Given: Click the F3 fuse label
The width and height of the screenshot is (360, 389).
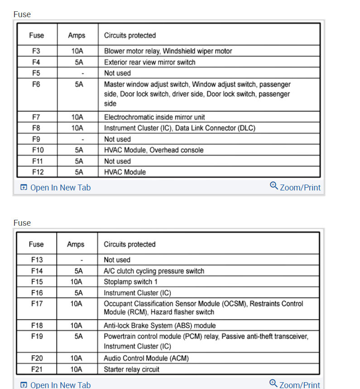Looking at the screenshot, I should click(37, 51).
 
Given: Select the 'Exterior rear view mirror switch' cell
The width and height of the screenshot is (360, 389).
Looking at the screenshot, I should click(149, 62).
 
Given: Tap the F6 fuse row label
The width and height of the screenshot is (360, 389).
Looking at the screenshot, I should click(37, 84).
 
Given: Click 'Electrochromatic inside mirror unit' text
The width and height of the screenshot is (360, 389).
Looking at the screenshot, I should click(154, 117).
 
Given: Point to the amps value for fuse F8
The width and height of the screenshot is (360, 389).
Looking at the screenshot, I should click(77, 128).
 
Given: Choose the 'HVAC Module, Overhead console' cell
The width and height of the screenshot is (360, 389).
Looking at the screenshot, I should click(154, 150).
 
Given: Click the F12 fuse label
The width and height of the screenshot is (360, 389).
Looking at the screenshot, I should click(37, 172).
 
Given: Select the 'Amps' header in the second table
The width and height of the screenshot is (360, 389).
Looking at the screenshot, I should click(76, 244).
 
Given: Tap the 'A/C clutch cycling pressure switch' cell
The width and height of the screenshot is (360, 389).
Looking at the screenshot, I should click(154, 271).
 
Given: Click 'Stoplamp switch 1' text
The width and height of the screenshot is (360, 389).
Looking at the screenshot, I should click(131, 282).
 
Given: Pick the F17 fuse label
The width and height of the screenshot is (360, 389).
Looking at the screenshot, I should click(37, 304).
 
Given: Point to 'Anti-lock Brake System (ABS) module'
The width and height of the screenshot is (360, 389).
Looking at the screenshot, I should click(160, 325).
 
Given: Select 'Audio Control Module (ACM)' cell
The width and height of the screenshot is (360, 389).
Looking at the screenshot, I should click(146, 358).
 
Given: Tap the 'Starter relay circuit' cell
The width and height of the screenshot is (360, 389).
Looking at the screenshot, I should click(131, 369).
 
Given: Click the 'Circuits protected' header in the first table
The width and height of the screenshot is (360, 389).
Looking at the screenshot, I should click(130, 35).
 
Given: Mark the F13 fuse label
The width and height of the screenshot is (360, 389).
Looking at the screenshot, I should click(37, 260).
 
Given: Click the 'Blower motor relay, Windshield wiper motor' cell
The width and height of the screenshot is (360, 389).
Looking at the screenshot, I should click(168, 51).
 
